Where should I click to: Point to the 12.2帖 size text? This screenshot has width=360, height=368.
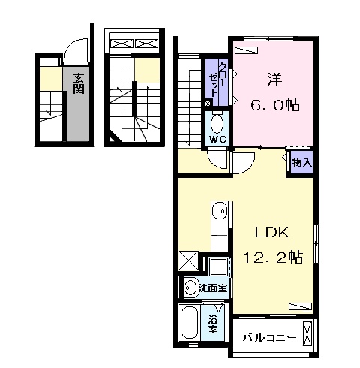click(271, 258)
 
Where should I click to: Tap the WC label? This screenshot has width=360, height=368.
click(218, 139)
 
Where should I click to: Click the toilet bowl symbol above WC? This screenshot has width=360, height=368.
click(218, 122)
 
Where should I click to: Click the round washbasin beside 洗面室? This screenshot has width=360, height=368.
click(190, 288)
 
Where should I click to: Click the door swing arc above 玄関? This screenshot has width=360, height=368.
click(76, 50)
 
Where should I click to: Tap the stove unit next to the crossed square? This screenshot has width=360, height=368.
click(218, 266)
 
